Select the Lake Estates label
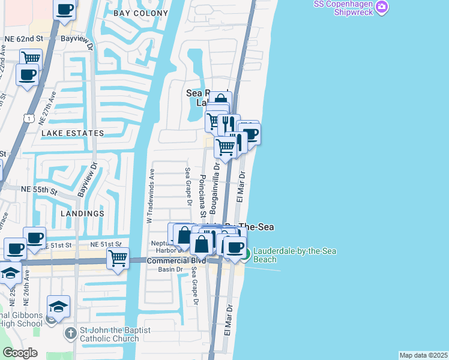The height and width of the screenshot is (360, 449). [72, 133]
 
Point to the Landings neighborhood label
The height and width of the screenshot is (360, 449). [82, 213]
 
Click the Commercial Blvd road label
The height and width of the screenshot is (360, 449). [176, 261]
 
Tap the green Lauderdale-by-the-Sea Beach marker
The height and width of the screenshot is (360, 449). [246, 254]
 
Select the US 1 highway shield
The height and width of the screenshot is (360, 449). [28, 119]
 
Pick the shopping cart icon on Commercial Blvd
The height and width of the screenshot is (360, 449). [118, 258]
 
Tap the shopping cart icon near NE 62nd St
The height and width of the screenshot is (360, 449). [31, 58]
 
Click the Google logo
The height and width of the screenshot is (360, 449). [20, 353]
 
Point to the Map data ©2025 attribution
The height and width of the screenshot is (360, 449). [423, 355]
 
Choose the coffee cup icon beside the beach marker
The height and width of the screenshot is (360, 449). [235, 246]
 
